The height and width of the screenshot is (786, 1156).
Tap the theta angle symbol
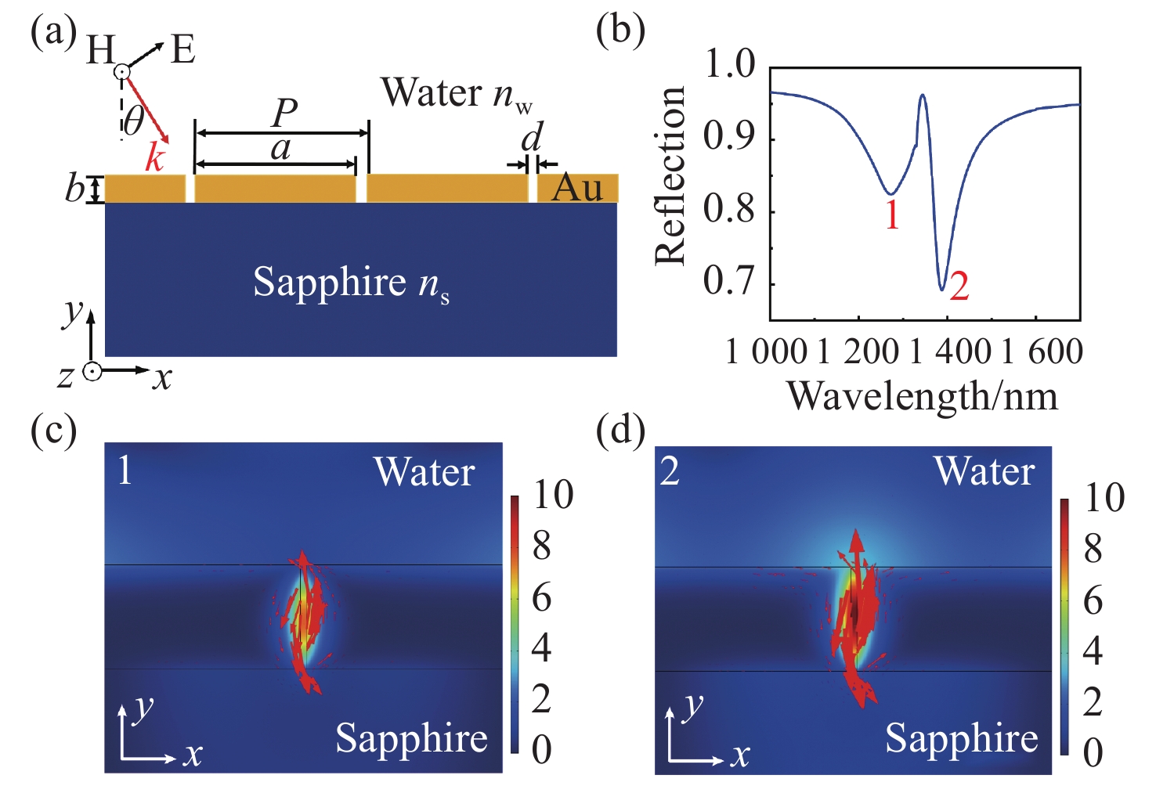tap(135, 121)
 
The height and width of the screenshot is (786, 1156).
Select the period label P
tap(284, 114)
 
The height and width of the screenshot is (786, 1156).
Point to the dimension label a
tap(280, 148)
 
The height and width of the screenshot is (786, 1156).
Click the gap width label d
tap(532, 139)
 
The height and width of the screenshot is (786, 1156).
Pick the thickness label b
tap(75, 189)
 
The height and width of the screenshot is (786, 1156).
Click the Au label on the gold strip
tap(577, 188)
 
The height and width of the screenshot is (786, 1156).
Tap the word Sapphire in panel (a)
tap(329, 283)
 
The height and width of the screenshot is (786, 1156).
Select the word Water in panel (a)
tap(431, 93)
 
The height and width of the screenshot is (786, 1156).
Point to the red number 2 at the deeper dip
tap(959, 287)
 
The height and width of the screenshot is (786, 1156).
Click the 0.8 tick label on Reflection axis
tap(729, 209)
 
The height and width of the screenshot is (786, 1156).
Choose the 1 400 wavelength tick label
tap(950, 352)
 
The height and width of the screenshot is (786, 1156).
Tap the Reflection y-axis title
tap(671, 175)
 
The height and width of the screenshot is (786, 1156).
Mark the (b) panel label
tap(620, 32)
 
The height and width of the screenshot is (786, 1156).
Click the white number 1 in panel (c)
tap(125, 471)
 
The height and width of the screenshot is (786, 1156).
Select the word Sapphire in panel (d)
tap(961, 738)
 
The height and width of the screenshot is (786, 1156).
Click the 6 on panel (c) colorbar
tap(542, 598)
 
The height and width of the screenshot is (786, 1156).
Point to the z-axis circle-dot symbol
tap(92, 373)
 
